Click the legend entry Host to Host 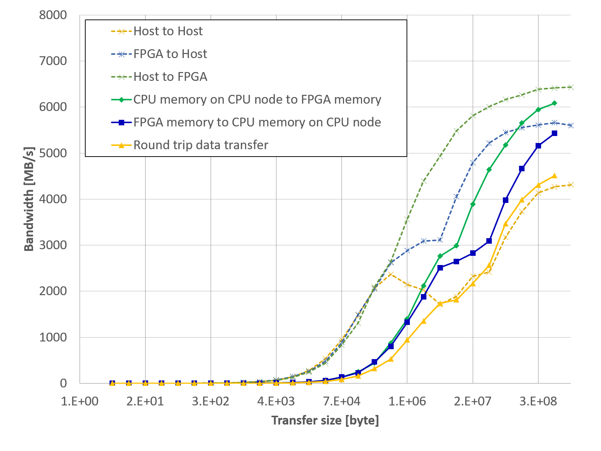[x=168, y=31]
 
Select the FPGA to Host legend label [x=170, y=54]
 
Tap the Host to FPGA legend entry [x=170, y=77]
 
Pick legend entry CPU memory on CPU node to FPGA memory [x=257, y=100]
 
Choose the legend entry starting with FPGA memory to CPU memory [x=257, y=122]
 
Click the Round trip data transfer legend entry [x=200, y=145]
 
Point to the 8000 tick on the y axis [x=53, y=15]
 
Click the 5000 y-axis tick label [x=53, y=153]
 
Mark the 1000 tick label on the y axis [x=53, y=337]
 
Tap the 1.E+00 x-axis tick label [x=80, y=401]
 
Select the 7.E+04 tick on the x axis [x=341, y=401]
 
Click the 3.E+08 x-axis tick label [x=538, y=401]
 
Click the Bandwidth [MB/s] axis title [x=29, y=199]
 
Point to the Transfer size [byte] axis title [x=325, y=420]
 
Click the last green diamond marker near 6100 [x=554, y=103]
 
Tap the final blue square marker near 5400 [x=554, y=133]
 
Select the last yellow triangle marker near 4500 [x=554, y=176]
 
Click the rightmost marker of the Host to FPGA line [x=570, y=87]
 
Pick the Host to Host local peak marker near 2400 [x=391, y=274]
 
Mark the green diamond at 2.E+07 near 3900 [x=473, y=204]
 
